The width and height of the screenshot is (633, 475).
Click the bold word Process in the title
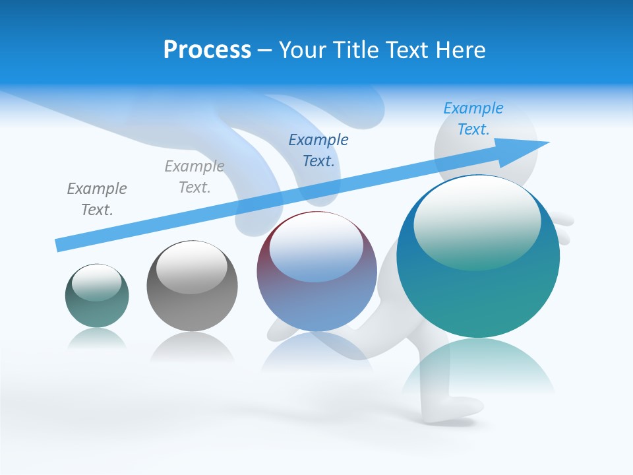207,50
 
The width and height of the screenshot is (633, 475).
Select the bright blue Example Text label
473,119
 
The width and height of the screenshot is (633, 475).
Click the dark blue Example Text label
318,150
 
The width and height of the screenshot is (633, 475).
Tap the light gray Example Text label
195,176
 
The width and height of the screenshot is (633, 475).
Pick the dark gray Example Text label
97,199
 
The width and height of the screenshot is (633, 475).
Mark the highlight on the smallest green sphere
96,282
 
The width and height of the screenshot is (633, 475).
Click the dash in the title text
264,50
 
